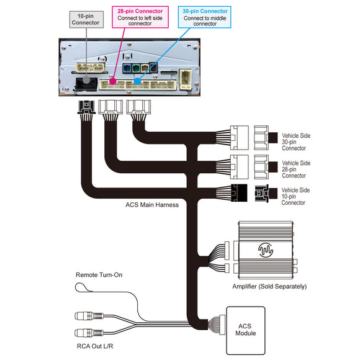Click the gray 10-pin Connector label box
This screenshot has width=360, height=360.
pyautogui.click(x=86, y=19)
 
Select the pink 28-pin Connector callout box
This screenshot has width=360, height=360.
pyautogui.click(x=140, y=17)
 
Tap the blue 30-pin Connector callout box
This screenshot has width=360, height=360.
pyautogui.click(x=204, y=17)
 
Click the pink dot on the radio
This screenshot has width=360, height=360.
pyautogui.click(x=112, y=81)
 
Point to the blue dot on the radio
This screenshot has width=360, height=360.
pyautogui.click(x=137, y=81)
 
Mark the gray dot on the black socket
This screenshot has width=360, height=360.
pyautogui.click(x=86, y=80)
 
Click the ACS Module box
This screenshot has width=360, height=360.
pyautogui.click(x=246, y=330)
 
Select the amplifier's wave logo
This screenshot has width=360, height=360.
pyautogui.click(x=266, y=250)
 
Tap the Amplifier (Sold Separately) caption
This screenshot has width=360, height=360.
pyautogui.click(x=269, y=287)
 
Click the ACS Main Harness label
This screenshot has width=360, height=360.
pyautogui.click(x=152, y=205)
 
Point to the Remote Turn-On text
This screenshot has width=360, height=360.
pyautogui.click(x=99, y=275)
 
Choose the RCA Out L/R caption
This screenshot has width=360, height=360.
pyautogui.click(x=95, y=346)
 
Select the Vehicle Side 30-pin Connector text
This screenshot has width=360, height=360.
pyautogui.click(x=296, y=142)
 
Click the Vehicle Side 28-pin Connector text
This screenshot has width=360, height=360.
pyautogui.click(x=296, y=169)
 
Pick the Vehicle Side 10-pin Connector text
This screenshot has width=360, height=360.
pyautogui.click(x=295, y=196)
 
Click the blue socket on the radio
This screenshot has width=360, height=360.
pyautogui.click(x=127, y=68)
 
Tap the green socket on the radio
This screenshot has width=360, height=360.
pyautogui.click(x=136, y=68)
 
